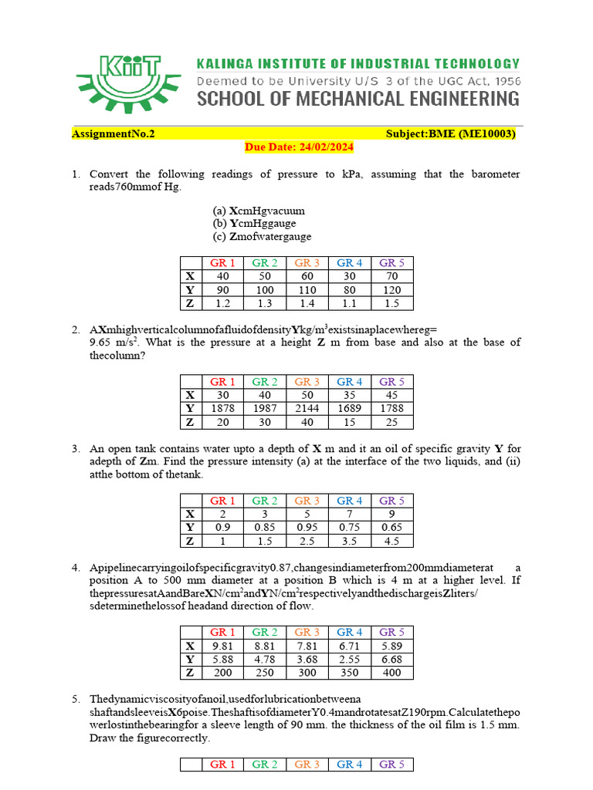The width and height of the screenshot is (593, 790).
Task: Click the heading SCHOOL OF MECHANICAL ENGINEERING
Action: pyautogui.click(x=358, y=99)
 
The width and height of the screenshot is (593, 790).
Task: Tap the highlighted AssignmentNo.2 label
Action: pyautogui.click(x=114, y=133)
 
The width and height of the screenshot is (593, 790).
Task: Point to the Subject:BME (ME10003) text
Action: pyautogui.click(x=450, y=133)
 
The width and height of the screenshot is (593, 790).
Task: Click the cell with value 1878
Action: pyautogui.click(x=222, y=408)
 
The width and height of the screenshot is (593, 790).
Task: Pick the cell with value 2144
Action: pyautogui.click(x=307, y=408)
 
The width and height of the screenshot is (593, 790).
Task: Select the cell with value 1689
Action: pyautogui.click(x=349, y=408)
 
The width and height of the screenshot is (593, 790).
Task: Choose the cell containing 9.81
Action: pyautogui.click(x=222, y=646)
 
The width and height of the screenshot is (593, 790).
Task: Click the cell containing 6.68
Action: pyautogui.click(x=391, y=660)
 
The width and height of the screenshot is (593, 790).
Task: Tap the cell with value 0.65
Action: pyautogui.click(x=391, y=528)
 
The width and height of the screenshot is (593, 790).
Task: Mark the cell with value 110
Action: pyautogui.click(x=307, y=289)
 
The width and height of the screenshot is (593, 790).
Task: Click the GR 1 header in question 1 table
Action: pyautogui.click(x=222, y=263)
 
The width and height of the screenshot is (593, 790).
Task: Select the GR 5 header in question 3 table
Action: pyautogui.click(x=391, y=501)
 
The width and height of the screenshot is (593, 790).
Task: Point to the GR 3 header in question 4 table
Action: pyautogui.click(x=307, y=633)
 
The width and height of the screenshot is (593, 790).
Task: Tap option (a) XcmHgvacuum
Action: pyautogui.click(x=259, y=210)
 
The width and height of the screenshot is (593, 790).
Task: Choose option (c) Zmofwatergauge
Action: pyautogui.click(x=262, y=237)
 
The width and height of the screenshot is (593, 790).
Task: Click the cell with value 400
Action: pyautogui.click(x=391, y=673)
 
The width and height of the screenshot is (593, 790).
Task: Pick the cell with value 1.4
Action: pyautogui.click(x=307, y=303)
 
